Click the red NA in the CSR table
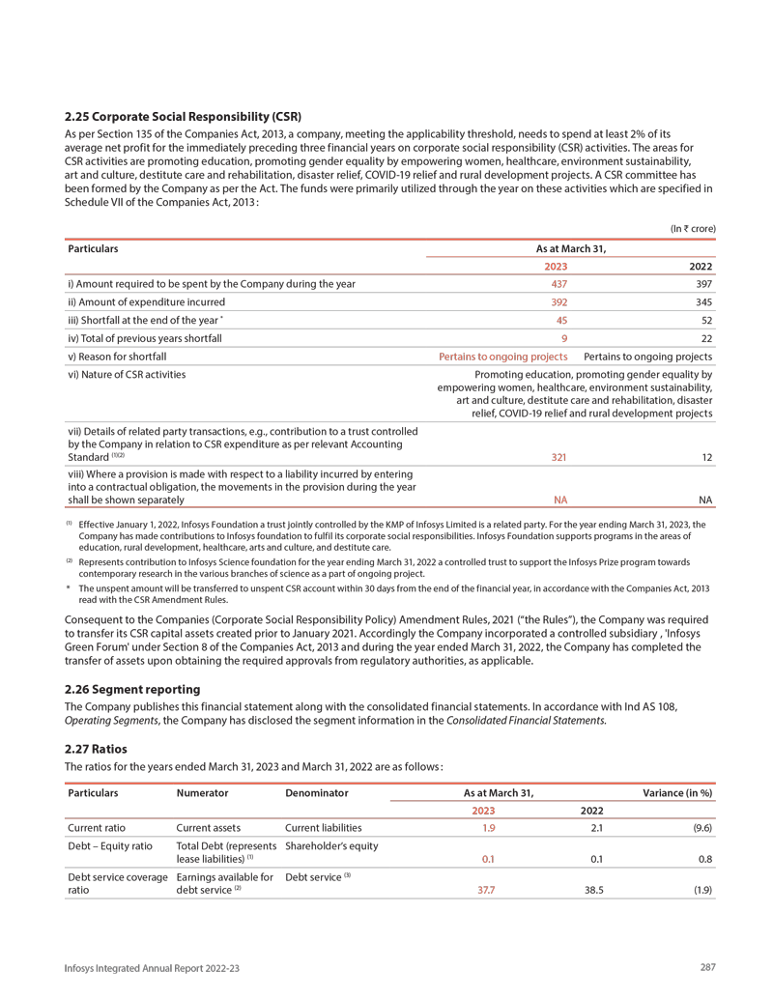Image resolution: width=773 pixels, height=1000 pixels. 558,500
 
